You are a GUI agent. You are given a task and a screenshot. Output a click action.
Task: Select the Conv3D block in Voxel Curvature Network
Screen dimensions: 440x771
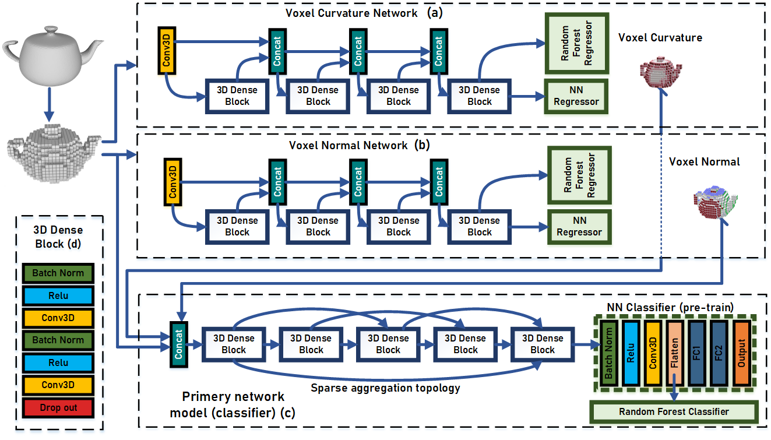167,52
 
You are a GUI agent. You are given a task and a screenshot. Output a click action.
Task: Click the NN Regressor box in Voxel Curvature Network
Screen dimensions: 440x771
576,96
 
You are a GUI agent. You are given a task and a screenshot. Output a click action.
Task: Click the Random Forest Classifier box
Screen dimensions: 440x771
674,411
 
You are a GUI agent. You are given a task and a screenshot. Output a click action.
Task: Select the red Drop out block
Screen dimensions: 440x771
58,407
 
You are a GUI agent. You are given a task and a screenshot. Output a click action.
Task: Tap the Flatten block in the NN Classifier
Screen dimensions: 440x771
674,353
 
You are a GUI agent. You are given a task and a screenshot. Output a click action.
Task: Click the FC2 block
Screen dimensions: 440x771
718,353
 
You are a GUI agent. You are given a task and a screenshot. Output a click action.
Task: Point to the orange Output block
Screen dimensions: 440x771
741,353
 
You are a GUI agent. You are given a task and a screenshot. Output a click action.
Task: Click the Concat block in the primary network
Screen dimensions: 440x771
178,344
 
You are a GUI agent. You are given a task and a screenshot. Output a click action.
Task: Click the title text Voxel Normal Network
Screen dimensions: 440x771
348,145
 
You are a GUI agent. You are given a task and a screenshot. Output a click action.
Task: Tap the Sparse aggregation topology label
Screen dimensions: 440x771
385,388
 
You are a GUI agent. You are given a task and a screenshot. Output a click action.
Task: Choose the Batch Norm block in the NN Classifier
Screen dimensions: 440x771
609,353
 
